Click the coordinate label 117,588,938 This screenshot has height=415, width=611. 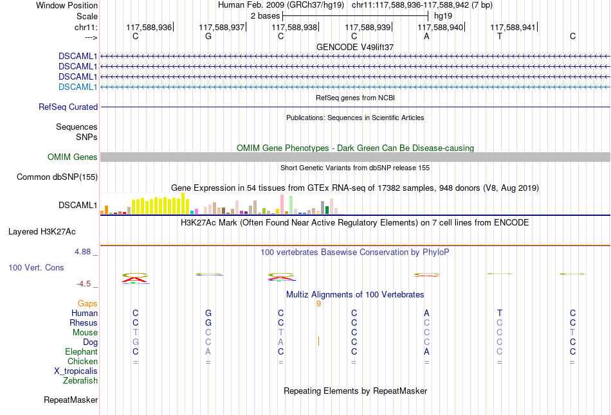295,28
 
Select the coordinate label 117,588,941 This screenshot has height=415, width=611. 513,28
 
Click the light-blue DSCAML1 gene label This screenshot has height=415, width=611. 78,87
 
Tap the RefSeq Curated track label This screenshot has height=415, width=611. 68,107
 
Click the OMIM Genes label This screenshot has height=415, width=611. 73,157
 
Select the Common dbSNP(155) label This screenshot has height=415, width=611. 57,177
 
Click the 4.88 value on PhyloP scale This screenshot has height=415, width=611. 83,252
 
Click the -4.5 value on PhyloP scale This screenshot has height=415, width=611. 84,283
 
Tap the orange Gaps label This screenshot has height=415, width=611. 87,303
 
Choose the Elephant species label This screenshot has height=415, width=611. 81,352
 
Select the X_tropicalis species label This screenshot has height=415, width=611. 76,371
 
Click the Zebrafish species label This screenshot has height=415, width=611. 80,381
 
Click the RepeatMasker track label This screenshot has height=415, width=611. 71,400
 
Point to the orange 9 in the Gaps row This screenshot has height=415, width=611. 318,303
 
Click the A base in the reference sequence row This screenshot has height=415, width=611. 426,36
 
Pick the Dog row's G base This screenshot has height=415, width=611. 136,342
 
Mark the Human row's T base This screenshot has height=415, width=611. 499,313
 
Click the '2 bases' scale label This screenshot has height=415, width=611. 265,15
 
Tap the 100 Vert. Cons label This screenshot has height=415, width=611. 36,267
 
